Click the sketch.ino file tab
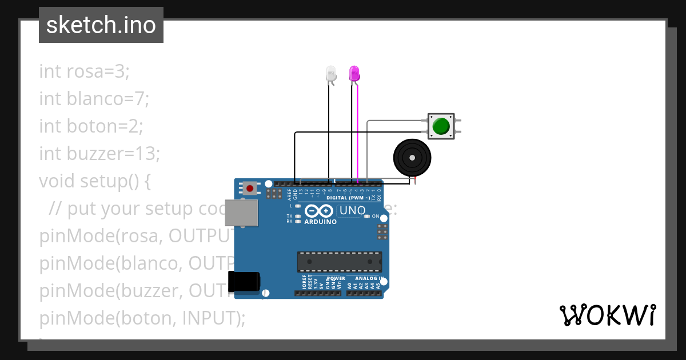tap(101, 25)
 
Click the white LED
tap(331, 73)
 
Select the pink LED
tap(354, 73)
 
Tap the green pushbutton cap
tap(441, 126)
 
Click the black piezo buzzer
tap(412, 157)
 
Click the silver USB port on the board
tap(241, 212)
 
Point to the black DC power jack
tap(244, 282)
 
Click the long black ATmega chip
tap(339, 261)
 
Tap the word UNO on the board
tap(352, 210)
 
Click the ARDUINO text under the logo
tap(321, 222)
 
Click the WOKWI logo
tap(607, 315)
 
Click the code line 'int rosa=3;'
tap(85, 71)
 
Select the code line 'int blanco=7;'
tap(94, 99)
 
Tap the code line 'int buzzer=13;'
tap(99, 154)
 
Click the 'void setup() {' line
tap(94, 181)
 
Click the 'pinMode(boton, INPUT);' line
tap(142, 318)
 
